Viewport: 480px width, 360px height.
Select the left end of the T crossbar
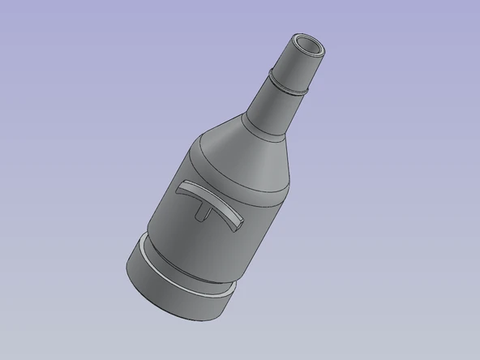pyautogui.click(x=178, y=187)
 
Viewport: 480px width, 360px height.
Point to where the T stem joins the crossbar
pyautogui.click(x=204, y=203)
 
